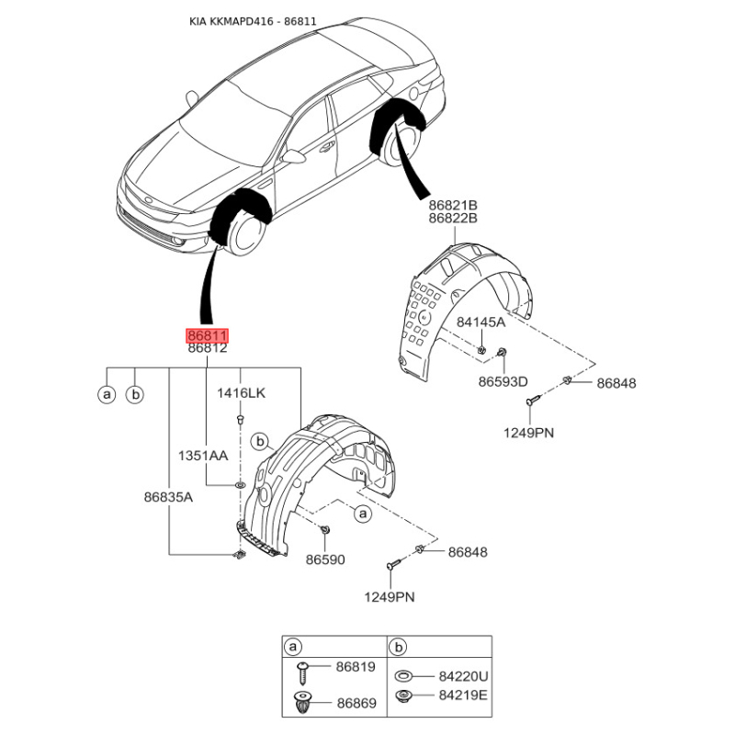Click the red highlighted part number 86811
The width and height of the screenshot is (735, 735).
coord(207,336)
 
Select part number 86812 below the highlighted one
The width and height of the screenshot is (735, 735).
coord(207,349)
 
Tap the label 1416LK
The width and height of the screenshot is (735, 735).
coord(241,393)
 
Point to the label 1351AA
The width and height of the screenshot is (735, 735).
coord(203,455)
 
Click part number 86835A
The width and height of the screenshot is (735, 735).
coord(167,497)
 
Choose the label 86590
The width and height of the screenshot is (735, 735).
coord(325,559)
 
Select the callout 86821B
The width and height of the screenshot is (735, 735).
coord(453,205)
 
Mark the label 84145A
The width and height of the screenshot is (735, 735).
coord(481,322)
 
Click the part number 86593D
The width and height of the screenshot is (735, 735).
coord(503,381)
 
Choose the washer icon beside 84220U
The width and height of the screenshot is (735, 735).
coord(402,677)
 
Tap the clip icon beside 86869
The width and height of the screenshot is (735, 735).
coord(303,704)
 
